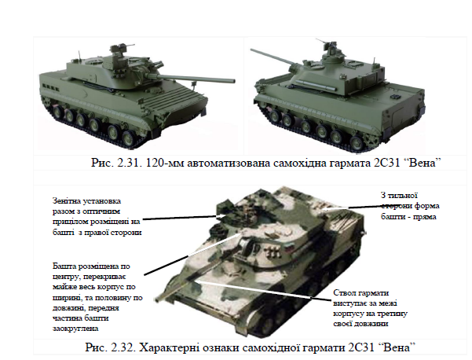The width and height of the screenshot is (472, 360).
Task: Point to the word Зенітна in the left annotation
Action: point(66,201)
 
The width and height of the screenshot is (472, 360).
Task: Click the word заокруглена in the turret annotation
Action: point(75,329)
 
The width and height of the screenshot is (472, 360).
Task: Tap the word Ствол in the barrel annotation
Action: point(343,293)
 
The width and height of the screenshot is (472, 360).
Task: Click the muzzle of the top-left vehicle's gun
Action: point(233,81)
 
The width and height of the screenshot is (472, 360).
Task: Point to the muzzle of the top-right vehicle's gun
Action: point(252,50)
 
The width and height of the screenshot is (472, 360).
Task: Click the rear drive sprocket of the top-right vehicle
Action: point(371,140)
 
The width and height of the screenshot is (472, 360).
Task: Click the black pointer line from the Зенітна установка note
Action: point(181,218)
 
